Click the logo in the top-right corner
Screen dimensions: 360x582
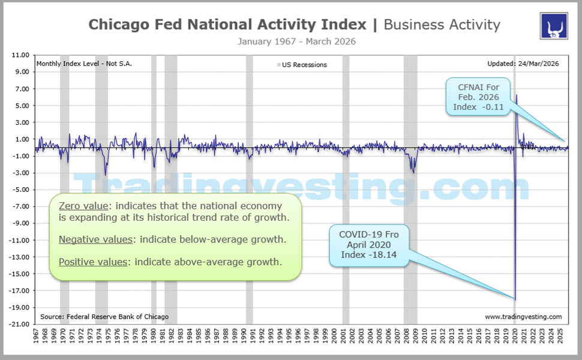555,26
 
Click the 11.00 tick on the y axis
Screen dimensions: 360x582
20,55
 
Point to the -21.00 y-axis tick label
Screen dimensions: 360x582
19,325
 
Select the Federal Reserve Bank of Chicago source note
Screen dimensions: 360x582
104,316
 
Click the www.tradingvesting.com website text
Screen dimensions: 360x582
523,316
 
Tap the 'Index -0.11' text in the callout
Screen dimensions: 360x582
478,107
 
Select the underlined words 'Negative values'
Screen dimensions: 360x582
95,239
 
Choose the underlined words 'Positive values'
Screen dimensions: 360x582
93,262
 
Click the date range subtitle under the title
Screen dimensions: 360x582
296,41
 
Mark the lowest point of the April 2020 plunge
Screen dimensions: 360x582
515,299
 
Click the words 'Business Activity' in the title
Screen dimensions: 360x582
442,25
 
